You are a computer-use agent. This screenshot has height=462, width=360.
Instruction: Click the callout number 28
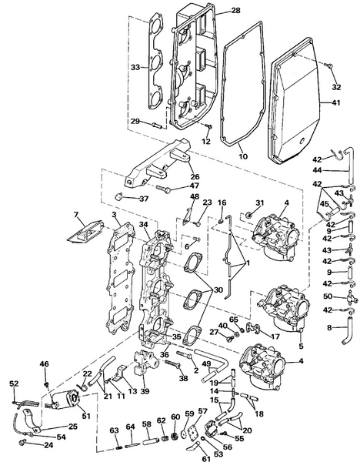click(x=236, y=11)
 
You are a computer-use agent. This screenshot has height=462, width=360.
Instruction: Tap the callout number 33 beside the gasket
click(x=135, y=68)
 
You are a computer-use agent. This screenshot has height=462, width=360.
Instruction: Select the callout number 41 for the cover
click(x=335, y=103)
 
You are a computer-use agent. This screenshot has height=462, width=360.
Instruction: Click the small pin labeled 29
click(x=157, y=126)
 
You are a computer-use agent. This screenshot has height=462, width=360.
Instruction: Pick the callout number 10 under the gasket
click(x=243, y=156)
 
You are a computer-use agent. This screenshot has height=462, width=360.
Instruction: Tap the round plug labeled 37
click(x=119, y=196)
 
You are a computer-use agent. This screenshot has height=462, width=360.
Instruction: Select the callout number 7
click(x=76, y=215)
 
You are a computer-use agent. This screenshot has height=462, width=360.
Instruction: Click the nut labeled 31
click(x=248, y=215)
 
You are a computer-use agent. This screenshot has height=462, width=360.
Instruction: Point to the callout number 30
click(x=218, y=290)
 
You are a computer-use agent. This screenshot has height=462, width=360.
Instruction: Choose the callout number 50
click(x=328, y=296)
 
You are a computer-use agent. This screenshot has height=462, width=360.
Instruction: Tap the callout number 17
click(x=275, y=336)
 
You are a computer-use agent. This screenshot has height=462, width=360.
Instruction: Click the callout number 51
click(x=86, y=417)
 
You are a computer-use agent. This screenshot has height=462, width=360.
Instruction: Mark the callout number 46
click(x=44, y=364)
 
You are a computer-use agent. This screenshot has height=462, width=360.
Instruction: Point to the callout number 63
click(x=114, y=430)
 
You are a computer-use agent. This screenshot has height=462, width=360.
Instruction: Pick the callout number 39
click(x=145, y=391)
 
